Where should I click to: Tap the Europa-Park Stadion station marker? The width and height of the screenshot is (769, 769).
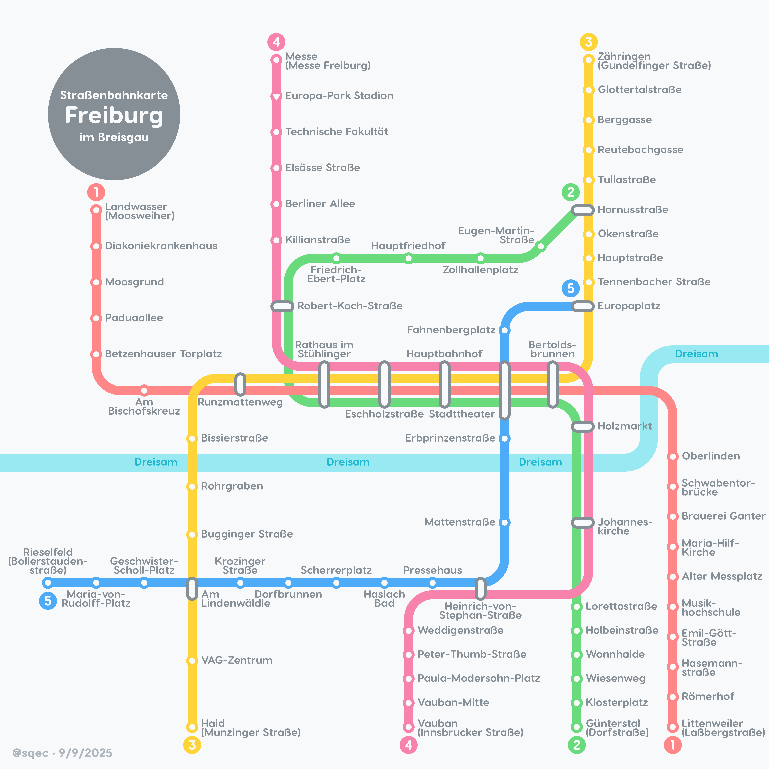point(276,96)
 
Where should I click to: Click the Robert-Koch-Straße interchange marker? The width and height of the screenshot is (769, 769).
point(282,306)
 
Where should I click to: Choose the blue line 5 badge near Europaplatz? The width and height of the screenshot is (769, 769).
point(570,288)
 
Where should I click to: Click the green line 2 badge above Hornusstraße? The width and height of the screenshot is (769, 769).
point(570,192)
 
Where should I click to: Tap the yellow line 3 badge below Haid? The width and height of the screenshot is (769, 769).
point(192,745)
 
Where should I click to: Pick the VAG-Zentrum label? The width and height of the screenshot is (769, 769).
point(237,660)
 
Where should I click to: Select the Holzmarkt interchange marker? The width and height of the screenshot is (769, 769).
point(582,426)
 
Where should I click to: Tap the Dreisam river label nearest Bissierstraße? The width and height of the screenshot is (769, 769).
point(156,462)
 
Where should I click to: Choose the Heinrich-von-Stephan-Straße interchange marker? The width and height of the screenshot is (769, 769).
point(480,589)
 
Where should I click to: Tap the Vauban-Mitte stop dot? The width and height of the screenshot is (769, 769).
point(408,703)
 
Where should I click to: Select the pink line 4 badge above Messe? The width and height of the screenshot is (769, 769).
point(276,42)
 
